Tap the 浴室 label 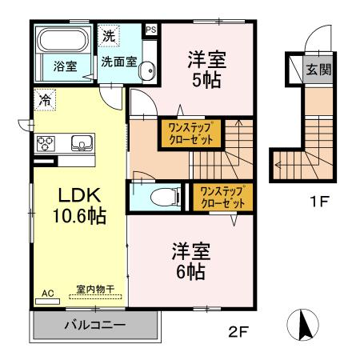click(65, 66)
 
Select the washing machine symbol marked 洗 click(109, 36)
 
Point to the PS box click(150, 30)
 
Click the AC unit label click(47, 294)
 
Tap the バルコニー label click(94, 326)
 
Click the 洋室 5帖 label click(206, 69)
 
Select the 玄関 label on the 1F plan click(319, 70)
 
